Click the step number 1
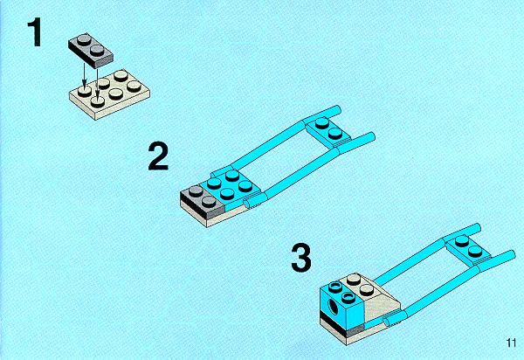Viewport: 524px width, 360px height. tap(35, 32)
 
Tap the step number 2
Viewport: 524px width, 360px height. tap(158, 156)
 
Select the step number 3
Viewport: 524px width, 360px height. tap(301, 258)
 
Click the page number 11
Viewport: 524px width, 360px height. tap(511, 343)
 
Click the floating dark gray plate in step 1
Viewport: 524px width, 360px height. tap(91, 49)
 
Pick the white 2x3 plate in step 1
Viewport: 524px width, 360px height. tap(109, 94)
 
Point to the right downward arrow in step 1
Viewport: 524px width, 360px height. tap(97, 82)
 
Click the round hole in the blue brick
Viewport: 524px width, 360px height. tap(334, 306)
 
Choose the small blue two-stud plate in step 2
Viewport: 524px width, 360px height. tap(328, 131)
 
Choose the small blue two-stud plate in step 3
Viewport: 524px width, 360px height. tap(468, 248)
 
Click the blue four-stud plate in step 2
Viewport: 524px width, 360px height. tap(231, 186)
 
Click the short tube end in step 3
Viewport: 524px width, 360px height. tap(388, 322)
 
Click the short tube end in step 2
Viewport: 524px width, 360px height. tap(248, 204)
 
